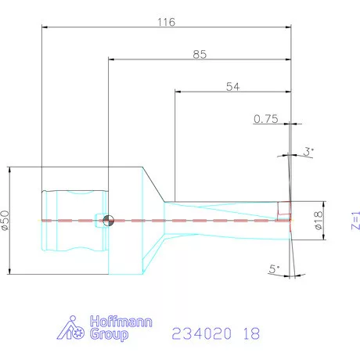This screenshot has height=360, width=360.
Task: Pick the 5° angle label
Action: pyautogui.click(x=274, y=268)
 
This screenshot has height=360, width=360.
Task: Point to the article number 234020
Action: pyautogui.click(x=200, y=333)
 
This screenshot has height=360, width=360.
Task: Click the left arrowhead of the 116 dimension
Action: pyautogui.click(x=45, y=27)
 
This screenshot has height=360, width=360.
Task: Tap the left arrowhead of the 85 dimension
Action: pyautogui.click(x=113, y=59)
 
